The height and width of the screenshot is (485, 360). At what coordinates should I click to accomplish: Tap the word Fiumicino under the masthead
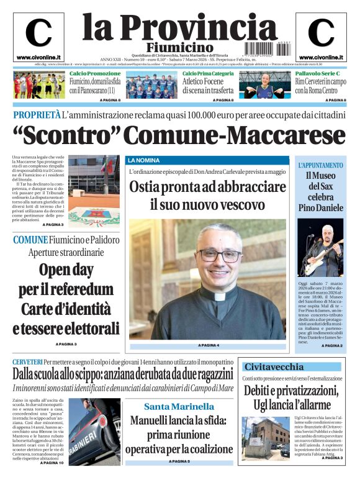[180, 48]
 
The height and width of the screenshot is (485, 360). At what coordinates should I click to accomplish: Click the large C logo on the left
[38, 33]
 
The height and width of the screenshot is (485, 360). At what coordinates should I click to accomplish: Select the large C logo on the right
[321, 33]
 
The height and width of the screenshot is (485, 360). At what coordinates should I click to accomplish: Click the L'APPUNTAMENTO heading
[320, 166]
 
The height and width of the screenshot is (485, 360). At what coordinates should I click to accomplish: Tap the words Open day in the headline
[67, 270]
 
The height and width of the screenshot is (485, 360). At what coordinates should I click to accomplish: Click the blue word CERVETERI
[27, 361]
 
